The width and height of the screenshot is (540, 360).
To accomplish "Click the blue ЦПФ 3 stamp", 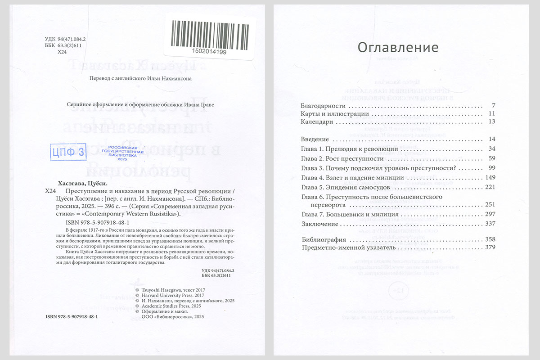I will (x=67, y=152).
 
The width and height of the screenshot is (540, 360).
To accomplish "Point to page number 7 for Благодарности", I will (x=493, y=106).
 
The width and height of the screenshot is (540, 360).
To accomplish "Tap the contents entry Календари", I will (x=317, y=121).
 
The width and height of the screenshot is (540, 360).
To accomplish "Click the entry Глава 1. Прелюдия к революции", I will (x=349, y=148).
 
